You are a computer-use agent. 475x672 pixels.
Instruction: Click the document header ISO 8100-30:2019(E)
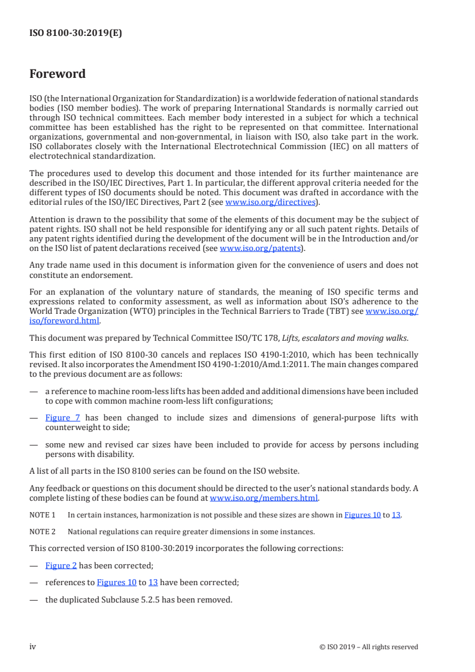point(75,34)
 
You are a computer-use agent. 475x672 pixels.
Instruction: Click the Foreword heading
point(58,74)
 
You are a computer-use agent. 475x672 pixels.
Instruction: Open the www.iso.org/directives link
point(270,202)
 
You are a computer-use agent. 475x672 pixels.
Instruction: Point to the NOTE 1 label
point(42,514)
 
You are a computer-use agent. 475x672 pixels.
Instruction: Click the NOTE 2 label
point(42,531)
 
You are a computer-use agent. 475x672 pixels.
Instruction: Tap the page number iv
point(33,647)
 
